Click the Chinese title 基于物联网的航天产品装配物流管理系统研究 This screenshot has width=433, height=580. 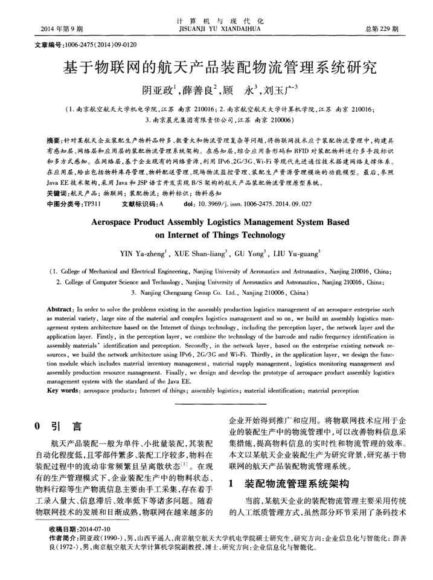[x=216, y=66]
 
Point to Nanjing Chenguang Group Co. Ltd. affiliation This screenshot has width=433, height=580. [x=211, y=292]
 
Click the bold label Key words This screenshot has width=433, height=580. [x=62, y=392]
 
